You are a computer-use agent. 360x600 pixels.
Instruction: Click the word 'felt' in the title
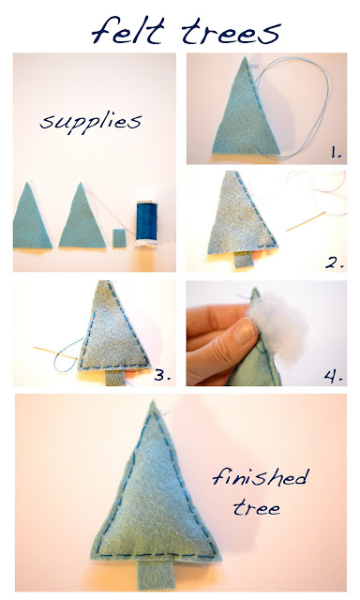(128, 30)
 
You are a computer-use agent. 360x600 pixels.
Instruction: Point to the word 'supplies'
(91, 123)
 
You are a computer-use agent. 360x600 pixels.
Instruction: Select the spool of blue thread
(146, 224)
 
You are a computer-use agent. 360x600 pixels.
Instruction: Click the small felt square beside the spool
(119, 238)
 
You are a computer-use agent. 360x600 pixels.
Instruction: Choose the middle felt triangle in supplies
(82, 218)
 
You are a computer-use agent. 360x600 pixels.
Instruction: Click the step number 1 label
(337, 153)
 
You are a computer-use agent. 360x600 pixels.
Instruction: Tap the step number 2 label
(335, 262)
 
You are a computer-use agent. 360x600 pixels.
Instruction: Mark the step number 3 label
(162, 375)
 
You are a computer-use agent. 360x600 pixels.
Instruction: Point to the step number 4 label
(333, 377)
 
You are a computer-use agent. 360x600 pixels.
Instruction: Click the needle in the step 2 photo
(306, 221)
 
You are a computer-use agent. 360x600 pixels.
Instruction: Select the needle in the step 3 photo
(55, 352)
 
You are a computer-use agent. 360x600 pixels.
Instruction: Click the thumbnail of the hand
(245, 331)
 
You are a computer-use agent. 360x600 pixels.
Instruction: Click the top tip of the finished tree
(153, 401)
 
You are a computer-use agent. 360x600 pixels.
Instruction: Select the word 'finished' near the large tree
(260, 477)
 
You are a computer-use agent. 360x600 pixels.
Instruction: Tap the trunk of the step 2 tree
(243, 259)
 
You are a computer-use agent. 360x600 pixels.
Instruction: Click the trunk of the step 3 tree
(114, 377)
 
